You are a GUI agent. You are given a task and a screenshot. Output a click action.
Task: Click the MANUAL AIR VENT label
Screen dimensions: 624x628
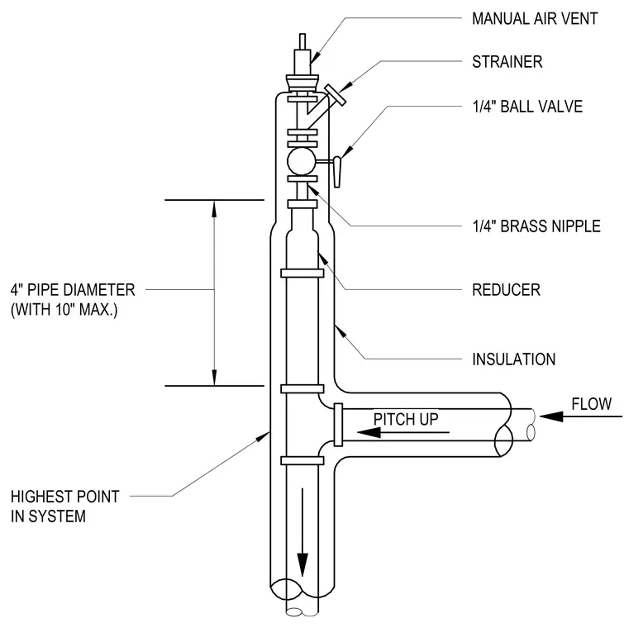(535, 18)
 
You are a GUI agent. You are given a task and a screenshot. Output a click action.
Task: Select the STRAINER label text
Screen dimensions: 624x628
(507, 62)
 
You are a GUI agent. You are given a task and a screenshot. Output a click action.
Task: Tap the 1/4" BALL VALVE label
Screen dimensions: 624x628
(527, 107)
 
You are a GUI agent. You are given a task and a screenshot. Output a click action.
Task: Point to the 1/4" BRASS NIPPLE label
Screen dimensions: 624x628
(536, 226)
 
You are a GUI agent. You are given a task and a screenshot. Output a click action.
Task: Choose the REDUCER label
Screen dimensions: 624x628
(506, 289)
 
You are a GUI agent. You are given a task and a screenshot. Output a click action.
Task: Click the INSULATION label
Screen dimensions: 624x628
(514, 359)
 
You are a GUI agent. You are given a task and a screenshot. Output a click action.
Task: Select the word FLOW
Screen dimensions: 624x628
(591, 404)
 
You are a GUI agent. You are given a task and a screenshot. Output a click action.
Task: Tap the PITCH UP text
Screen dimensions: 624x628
(406, 419)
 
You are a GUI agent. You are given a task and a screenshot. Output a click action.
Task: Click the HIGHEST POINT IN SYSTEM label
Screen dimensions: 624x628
(65, 507)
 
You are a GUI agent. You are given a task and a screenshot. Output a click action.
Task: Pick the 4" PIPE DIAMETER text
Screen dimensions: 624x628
(73, 289)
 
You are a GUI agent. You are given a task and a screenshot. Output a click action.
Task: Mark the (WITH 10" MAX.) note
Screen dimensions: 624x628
(64, 310)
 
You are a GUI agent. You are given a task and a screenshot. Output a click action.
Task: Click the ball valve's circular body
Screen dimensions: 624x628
(301, 161)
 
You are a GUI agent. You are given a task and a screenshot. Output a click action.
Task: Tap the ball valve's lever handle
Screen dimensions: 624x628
(337, 172)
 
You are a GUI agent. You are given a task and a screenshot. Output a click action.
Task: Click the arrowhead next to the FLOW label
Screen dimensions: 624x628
(551, 416)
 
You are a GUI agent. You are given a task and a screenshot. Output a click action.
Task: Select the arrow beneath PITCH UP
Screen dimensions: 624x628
(403, 432)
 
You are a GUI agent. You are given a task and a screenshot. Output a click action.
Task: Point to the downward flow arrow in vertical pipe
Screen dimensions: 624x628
(302, 532)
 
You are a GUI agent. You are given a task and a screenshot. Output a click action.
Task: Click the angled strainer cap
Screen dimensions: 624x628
(336, 95)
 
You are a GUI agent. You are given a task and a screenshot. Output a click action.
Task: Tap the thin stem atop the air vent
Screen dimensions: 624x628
(302, 41)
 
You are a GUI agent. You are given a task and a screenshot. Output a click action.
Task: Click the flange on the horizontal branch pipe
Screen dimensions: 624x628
(338, 425)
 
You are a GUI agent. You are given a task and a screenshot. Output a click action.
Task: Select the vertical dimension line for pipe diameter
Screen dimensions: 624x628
(214, 293)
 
